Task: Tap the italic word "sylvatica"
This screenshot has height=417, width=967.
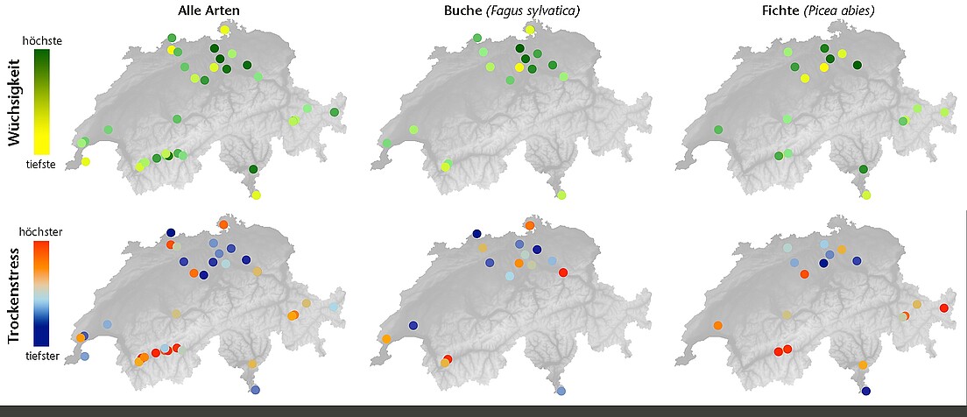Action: click(553, 11)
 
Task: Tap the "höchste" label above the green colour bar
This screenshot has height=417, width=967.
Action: click(41, 40)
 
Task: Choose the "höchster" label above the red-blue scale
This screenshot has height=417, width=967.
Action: click(41, 232)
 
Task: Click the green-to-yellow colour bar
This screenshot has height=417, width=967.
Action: click(41, 102)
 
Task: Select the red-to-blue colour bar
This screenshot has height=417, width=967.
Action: click(41, 293)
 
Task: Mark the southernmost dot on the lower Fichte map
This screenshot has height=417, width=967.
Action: click(866, 391)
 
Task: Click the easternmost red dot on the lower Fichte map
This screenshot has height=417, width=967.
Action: click(943, 307)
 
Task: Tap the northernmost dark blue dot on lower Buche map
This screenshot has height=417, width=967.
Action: click(476, 234)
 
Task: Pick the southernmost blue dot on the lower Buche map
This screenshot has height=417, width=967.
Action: click(561, 391)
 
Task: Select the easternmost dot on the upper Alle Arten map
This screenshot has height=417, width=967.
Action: click(334, 112)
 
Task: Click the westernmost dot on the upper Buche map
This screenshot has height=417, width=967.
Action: click(386, 143)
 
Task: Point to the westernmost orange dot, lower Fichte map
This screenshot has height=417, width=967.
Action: click(718, 326)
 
